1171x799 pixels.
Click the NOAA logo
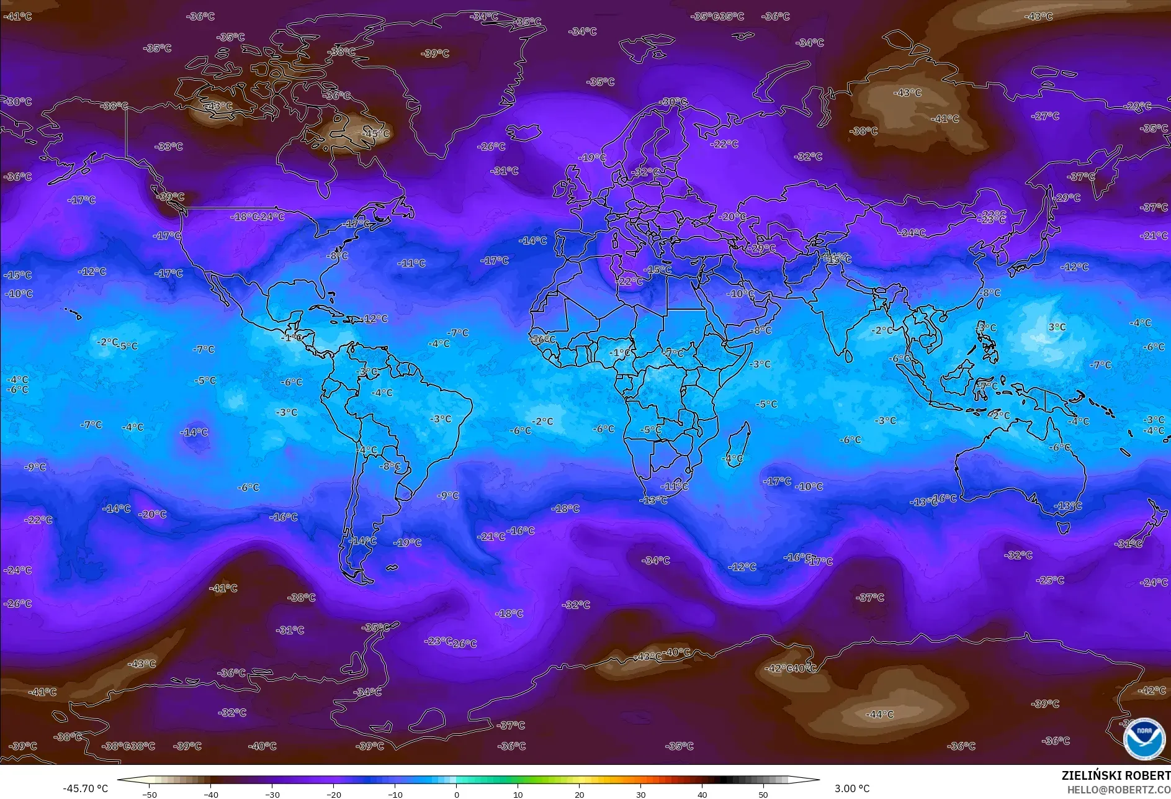pyautogui.click(x=1144, y=738)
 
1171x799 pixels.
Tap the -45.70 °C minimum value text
pyautogui.click(x=85, y=788)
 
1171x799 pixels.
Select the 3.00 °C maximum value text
pyautogui.click(x=851, y=788)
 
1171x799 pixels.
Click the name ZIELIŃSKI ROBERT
pyautogui.click(x=1116, y=775)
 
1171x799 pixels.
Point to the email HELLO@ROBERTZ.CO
pyautogui.click(x=1118, y=789)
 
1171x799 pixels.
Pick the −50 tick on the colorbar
pyautogui.click(x=149, y=794)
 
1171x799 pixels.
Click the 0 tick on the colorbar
pyautogui.click(x=456, y=794)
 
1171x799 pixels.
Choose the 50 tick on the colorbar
pyautogui.click(x=763, y=794)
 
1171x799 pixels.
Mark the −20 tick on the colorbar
pyautogui.click(x=333, y=794)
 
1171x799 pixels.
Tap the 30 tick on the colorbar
pyautogui.click(x=640, y=794)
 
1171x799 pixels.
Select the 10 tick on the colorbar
pyautogui.click(x=518, y=794)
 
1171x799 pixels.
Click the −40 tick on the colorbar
pyautogui.click(x=210, y=794)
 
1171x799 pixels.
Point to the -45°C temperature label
pyautogui.click(x=376, y=133)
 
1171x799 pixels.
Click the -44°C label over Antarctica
pyautogui.click(x=879, y=715)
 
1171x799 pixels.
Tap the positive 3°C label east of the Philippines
pyautogui.click(x=1057, y=327)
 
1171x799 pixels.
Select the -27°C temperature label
pyautogui.click(x=1045, y=116)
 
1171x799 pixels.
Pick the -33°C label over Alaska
pyautogui.click(x=169, y=147)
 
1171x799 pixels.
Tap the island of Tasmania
pyautogui.click(x=1063, y=528)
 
